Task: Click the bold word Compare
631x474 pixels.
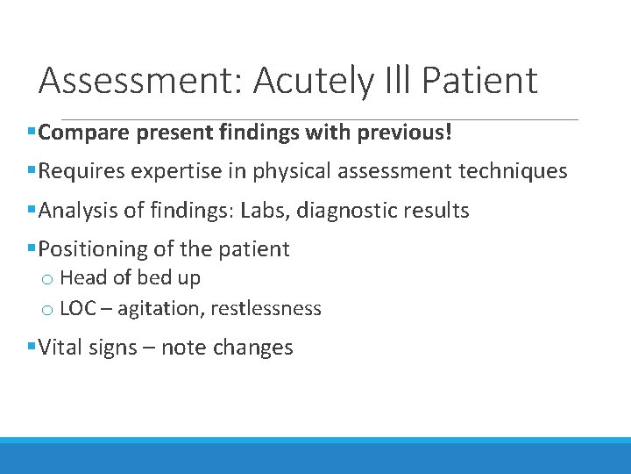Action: coord(82,133)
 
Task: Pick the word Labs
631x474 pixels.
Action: coord(306,211)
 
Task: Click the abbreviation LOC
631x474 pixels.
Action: coord(78,309)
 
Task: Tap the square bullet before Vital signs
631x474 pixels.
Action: coord(32,347)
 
